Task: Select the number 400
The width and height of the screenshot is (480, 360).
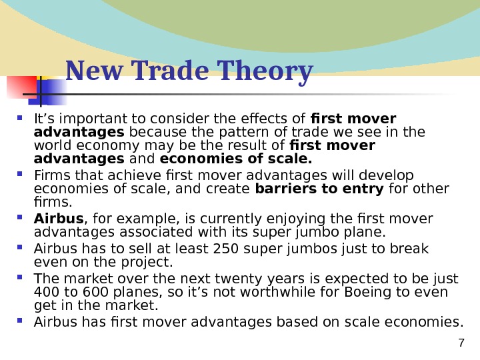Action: (x=45, y=293)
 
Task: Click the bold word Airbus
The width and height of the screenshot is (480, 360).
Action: (x=59, y=219)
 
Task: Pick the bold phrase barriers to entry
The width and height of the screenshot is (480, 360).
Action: (x=319, y=189)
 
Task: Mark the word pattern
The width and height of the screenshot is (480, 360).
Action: (x=227, y=132)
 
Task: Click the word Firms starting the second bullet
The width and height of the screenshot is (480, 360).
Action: (x=47, y=175)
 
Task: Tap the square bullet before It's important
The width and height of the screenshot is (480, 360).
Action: (x=25, y=118)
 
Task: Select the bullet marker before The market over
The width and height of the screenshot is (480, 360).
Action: (x=25, y=279)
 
